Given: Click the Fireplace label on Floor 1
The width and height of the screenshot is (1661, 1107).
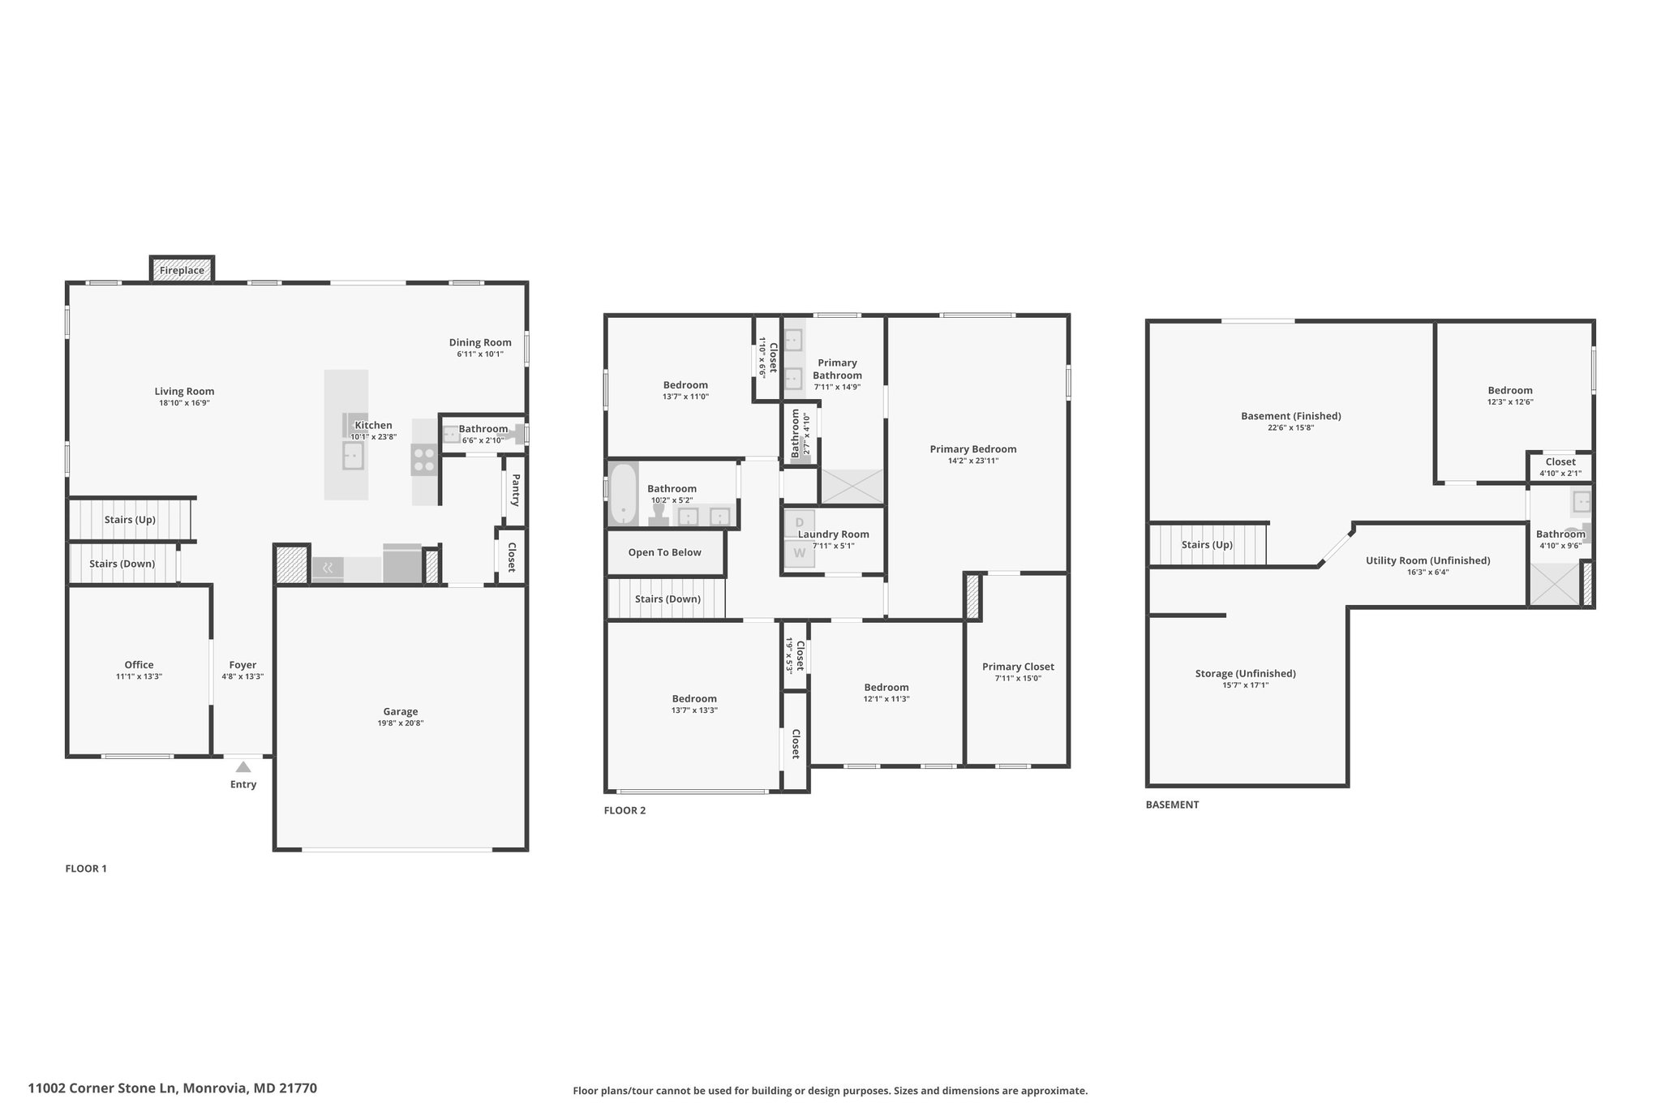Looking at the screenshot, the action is click(x=182, y=270).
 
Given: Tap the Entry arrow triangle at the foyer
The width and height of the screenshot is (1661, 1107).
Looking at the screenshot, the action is click(x=243, y=766).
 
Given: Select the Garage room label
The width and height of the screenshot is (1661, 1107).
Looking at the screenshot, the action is click(x=401, y=711).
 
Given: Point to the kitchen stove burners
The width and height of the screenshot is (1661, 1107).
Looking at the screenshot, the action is click(x=423, y=460).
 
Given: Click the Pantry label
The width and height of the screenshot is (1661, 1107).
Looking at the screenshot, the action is click(x=515, y=491).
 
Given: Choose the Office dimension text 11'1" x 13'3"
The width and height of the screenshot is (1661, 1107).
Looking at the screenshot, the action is click(x=139, y=676).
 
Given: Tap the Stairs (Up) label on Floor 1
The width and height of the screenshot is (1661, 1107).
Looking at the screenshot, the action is click(x=130, y=520).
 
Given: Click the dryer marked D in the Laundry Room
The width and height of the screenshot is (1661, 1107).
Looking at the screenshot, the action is click(x=799, y=523).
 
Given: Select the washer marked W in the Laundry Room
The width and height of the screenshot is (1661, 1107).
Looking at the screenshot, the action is click(x=799, y=553).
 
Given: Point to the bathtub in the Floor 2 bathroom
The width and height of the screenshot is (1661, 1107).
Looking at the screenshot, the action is click(x=623, y=493).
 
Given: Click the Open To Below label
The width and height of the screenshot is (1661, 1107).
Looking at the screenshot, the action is click(x=664, y=552).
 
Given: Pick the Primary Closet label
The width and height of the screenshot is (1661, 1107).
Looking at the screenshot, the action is click(x=1018, y=667).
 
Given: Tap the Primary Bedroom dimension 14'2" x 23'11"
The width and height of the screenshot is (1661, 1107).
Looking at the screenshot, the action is click(x=973, y=461).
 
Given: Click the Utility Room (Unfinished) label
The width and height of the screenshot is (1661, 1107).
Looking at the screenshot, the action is click(x=1427, y=560).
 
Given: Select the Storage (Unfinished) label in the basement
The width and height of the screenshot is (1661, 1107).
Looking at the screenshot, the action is click(x=1245, y=673).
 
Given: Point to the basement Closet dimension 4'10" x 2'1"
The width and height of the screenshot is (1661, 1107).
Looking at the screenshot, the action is click(x=1560, y=474).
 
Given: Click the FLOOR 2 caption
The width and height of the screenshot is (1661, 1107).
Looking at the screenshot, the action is click(x=624, y=810).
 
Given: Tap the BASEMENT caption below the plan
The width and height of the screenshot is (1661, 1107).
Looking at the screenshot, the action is click(x=1172, y=805).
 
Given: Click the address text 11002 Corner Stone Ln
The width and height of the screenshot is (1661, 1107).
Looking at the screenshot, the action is click(x=102, y=1088).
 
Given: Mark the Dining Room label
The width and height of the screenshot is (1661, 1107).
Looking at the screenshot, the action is click(x=480, y=342).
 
